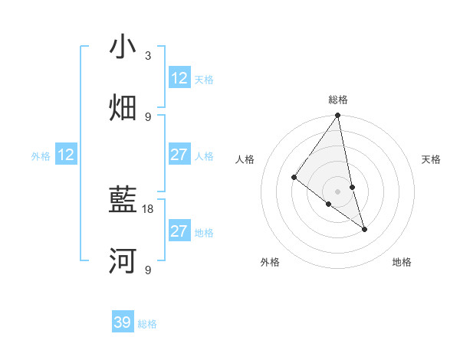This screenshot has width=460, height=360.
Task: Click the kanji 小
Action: click(123, 47)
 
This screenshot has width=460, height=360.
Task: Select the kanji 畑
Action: click(123, 108)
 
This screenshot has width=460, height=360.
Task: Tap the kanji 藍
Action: click(123, 201)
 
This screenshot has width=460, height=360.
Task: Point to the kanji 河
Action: click(123, 261)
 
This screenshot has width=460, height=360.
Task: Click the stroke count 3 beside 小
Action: click(148, 56)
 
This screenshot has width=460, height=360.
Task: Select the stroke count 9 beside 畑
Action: click(148, 116)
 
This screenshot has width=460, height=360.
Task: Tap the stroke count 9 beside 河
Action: click(148, 270)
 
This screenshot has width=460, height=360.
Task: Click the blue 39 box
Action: click(123, 322)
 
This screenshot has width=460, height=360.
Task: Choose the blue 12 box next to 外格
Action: click(66, 155)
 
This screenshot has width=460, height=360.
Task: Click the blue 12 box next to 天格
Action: click(179, 78)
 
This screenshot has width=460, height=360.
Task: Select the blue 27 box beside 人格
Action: click(179, 155)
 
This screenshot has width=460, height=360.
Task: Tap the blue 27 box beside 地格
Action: click(179, 231)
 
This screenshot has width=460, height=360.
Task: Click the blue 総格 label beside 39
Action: click(148, 324)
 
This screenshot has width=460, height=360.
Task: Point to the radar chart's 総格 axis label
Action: click(338, 100)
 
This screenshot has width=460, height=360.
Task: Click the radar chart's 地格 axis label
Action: click(402, 262)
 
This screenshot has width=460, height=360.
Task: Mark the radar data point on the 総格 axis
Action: click(338, 116)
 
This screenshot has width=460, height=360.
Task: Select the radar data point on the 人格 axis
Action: click(294, 177)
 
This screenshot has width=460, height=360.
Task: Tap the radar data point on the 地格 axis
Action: click(364, 228)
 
